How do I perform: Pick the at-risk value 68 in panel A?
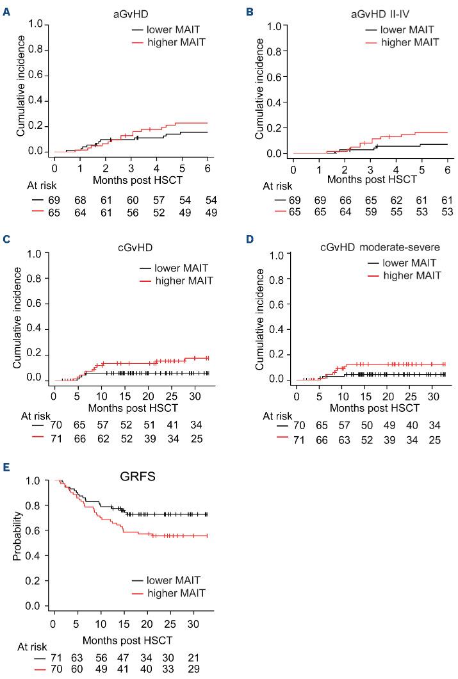click(x=80, y=200)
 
